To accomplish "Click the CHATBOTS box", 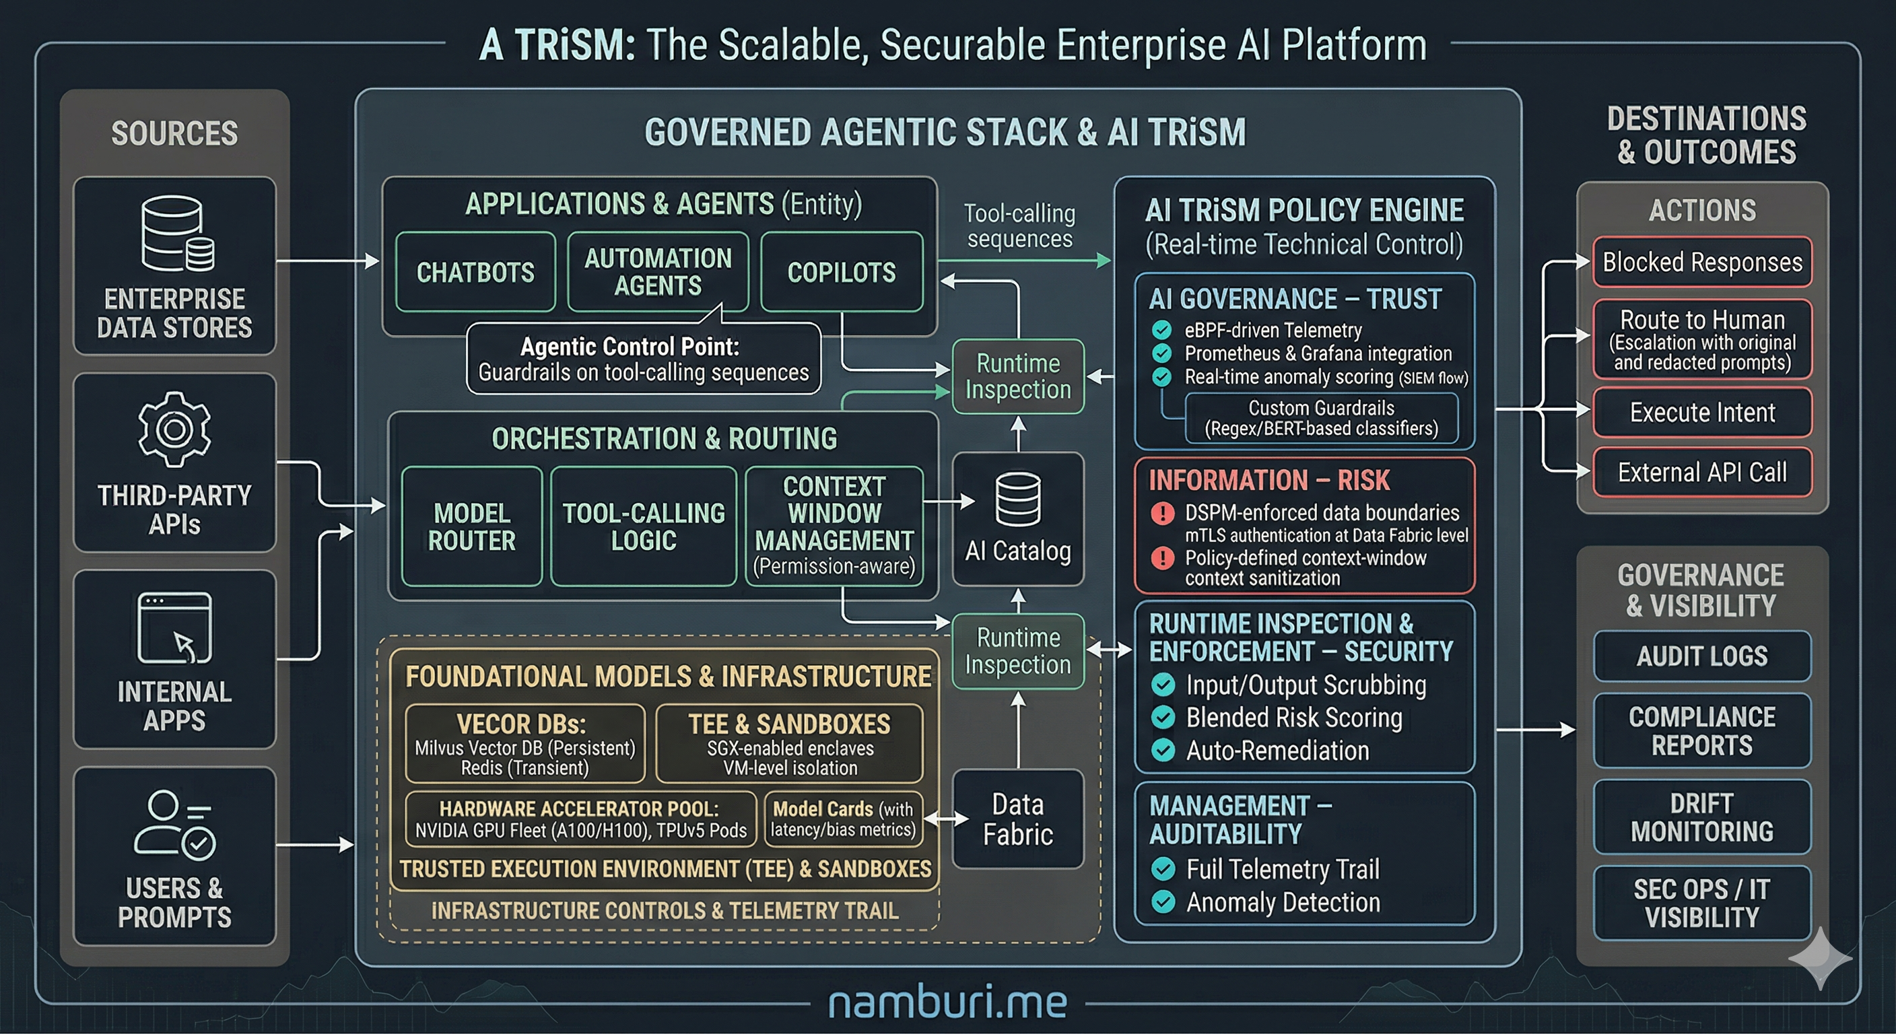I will (475, 271).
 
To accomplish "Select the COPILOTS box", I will (841, 271).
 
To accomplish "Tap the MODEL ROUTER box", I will (472, 526).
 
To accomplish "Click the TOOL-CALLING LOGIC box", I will (643, 526).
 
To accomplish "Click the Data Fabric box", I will (1018, 819).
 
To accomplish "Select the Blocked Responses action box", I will (1701, 262).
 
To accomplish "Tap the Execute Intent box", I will (1701, 412).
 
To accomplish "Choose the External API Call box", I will (1701, 472).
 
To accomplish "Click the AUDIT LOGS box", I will (1701, 656).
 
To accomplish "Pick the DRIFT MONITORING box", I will (1701, 817).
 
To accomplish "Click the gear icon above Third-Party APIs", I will (174, 429).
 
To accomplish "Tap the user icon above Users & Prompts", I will (174, 824).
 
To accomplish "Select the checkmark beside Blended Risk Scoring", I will (1163, 718).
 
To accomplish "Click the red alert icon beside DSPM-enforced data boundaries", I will (1163, 513).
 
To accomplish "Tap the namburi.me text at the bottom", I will (947, 1002).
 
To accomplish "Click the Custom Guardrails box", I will (1321, 418).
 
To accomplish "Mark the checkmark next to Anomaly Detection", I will (1163, 902).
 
